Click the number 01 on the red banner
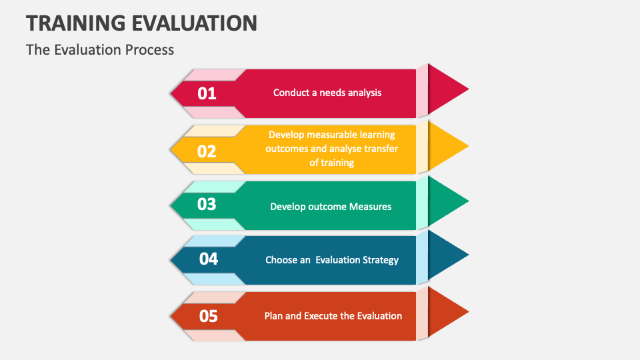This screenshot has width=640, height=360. coord(207,93)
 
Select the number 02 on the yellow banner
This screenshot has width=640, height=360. coord(207,151)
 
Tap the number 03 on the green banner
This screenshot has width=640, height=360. coord(207,204)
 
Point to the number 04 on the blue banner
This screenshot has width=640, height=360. coord(209,259)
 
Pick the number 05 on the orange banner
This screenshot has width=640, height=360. coord(209,315)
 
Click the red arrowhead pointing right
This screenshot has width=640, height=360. coord(447,89)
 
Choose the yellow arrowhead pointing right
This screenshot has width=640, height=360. coord(447,146)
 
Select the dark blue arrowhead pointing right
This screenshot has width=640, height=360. coord(447,255)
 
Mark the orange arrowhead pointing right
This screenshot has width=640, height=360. coord(447,311)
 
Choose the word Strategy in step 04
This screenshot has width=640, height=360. coord(379,260)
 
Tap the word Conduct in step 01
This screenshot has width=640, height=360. coord(290,93)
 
